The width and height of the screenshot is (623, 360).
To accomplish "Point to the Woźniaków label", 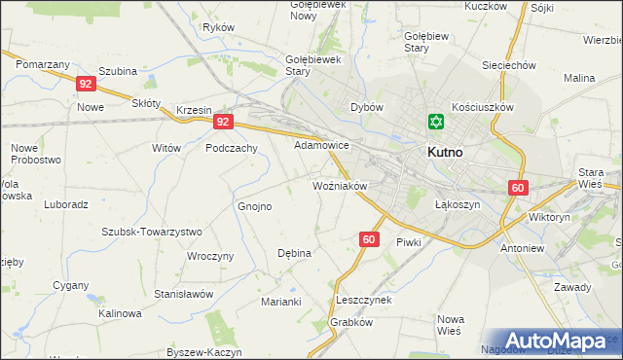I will (x=339, y=185).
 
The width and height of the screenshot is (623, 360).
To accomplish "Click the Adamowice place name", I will (x=321, y=144).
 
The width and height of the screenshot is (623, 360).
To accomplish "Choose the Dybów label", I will (x=367, y=107).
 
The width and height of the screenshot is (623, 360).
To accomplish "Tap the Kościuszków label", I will (x=483, y=107).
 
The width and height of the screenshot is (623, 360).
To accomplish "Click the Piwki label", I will (x=406, y=241).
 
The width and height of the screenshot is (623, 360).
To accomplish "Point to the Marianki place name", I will (x=281, y=302).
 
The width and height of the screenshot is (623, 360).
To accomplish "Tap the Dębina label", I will (x=294, y=253).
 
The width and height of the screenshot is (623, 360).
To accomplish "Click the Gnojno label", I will (x=255, y=206).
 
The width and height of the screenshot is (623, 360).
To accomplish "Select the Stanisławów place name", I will (x=183, y=293).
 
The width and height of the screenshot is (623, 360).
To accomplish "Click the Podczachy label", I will (x=232, y=148).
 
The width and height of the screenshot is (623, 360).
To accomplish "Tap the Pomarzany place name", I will (x=42, y=63).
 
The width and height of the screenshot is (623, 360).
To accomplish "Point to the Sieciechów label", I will (x=510, y=65).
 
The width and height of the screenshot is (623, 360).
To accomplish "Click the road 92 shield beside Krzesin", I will (x=223, y=122).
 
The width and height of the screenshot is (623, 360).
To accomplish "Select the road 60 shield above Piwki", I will (x=368, y=238).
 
